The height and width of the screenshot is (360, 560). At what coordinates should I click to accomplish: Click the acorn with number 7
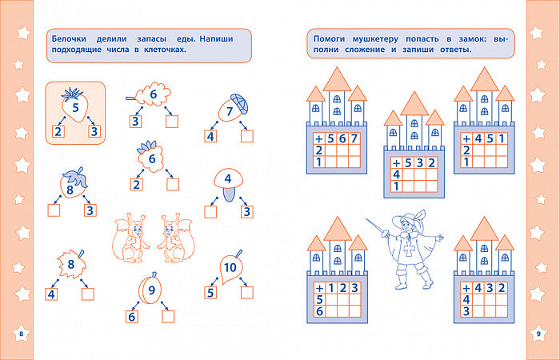coord(232,108)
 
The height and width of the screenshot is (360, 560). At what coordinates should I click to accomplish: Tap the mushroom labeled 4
coord(228,184)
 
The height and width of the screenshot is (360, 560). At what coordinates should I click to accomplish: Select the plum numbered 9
coord(150,289)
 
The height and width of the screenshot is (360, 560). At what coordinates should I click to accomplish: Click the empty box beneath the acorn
coord(246,136)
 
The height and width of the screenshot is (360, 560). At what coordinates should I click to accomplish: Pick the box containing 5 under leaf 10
coord(210,293)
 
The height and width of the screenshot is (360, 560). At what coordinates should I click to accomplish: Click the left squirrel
coord(130,238)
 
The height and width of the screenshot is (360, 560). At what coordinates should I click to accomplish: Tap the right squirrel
coord(176,238)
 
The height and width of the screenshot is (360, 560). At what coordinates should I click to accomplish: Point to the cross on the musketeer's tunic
coord(409,248)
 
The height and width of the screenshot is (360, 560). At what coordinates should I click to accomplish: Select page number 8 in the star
coord(21,334)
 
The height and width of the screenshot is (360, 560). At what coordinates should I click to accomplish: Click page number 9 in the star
coord(538,334)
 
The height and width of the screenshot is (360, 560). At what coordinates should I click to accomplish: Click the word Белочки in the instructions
coord(69,39)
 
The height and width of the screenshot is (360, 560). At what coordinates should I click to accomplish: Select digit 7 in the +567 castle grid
coord(354,138)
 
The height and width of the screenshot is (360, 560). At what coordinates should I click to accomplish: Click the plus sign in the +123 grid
coord(319,288)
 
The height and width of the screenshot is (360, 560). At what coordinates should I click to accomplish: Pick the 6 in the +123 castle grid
coord(319,311)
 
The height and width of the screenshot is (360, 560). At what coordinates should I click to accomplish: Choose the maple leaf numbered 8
coord(72,264)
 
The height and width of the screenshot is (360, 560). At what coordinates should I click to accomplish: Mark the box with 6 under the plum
coord(132,317)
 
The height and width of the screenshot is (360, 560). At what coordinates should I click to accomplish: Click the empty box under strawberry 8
coord(54,210)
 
